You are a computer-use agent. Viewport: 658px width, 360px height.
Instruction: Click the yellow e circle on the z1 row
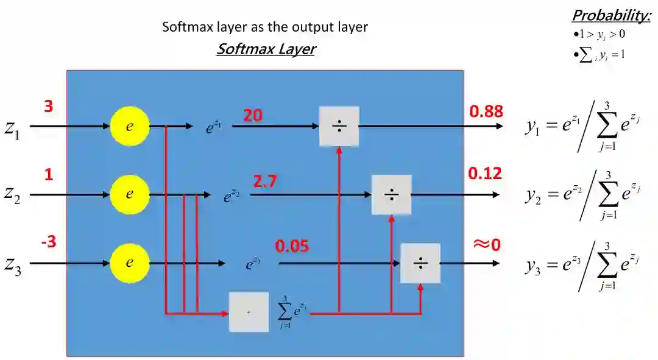tap(129, 126)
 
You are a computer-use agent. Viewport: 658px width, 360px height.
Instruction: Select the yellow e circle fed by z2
tap(129, 195)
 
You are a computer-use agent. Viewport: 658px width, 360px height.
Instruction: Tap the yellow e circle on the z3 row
tap(129, 263)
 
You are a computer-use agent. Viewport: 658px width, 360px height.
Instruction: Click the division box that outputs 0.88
tap(339, 126)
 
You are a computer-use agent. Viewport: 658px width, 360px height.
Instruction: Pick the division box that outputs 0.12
tap(391, 195)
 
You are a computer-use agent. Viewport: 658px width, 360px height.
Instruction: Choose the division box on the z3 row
tap(420, 263)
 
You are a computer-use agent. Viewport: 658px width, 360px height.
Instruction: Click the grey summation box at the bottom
tap(249, 312)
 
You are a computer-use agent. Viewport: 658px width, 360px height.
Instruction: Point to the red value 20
tap(253, 115)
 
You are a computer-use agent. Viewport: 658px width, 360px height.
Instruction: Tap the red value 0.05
tap(292, 247)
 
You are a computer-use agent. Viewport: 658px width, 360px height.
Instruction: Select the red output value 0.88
tap(486, 111)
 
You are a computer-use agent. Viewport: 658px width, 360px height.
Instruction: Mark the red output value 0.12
tap(485, 174)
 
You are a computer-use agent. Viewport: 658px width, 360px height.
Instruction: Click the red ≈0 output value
tap(486, 244)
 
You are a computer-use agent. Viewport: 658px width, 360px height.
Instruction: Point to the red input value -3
tap(49, 242)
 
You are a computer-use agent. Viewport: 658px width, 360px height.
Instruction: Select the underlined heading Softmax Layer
tap(266, 49)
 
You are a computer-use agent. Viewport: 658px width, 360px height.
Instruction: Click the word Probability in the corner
tap(611, 15)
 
